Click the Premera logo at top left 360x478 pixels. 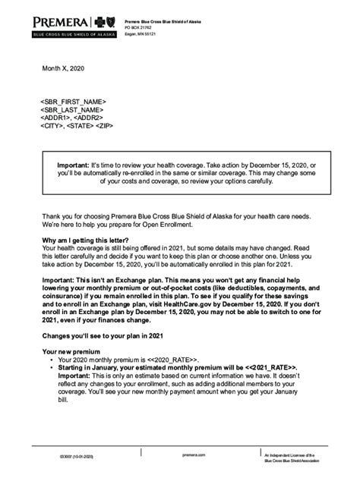tap(72, 25)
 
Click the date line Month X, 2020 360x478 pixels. tap(63, 70)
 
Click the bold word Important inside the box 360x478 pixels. tap(74, 165)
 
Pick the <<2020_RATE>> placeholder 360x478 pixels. tap(174, 360)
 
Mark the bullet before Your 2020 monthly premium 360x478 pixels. tap(50, 360)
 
